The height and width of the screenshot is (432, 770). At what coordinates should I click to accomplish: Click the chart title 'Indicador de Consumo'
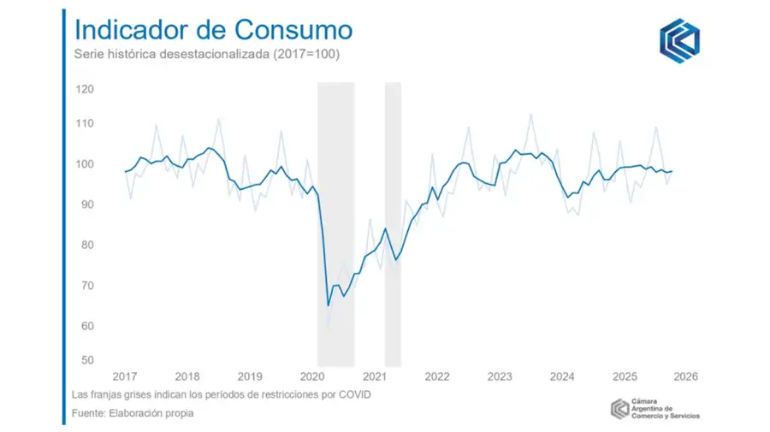[x=213, y=29]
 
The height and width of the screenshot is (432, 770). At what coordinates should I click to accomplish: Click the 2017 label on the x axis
[x=125, y=376]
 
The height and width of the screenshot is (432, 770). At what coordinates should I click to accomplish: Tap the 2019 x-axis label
[x=250, y=376]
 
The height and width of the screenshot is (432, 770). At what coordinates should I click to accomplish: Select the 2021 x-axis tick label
[x=375, y=376]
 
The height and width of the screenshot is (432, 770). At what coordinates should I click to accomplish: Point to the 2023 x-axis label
[x=500, y=376]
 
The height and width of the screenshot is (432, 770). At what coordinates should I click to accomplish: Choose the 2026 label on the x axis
[x=685, y=376]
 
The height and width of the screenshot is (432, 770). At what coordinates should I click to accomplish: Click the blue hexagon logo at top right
[x=678, y=39]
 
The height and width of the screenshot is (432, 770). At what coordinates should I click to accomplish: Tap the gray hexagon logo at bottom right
[x=619, y=409]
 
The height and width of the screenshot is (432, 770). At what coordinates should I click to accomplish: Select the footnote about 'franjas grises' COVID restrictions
[x=222, y=395]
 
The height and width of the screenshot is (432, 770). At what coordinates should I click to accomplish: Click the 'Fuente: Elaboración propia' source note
[x=133, y=414]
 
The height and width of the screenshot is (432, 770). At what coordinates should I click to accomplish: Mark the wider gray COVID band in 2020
[x=335, y=222]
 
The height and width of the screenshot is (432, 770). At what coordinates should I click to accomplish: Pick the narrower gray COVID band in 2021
[x=393, y=222]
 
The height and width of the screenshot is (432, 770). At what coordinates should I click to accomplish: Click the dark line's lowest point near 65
[x=329, y=305]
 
